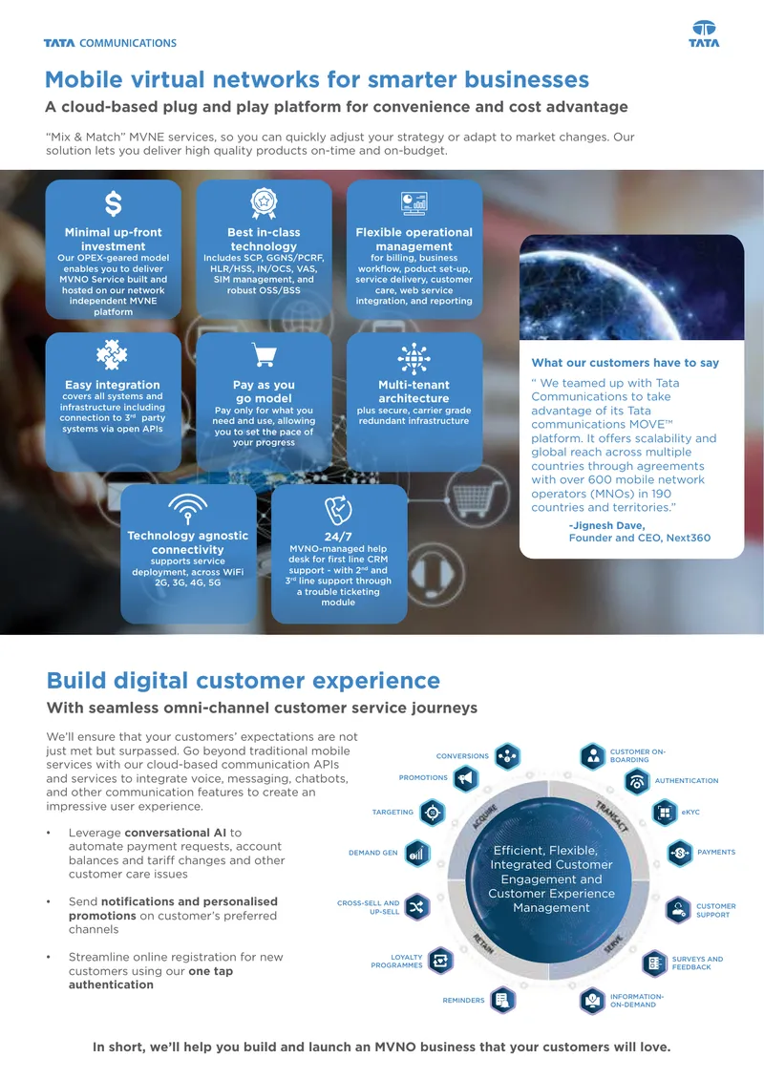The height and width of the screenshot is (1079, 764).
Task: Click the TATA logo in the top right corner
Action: pyautogui.click(x=704, y=33)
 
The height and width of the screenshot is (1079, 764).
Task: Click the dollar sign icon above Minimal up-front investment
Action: pyautogui.click(x=113, y=204)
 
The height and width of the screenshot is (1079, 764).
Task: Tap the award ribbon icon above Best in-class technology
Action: pyautogui.click(x=264, y=203)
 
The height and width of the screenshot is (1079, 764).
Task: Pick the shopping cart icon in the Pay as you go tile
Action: pyautogui.click(x=265, y=355)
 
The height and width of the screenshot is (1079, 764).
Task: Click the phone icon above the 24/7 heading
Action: pyautogui.click(x=338, y=510)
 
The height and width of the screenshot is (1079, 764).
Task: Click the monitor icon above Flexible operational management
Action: pyautogui.click(x=414, y=203)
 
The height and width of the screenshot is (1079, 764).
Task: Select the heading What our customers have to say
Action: pyautogui.click(x=625, y=363)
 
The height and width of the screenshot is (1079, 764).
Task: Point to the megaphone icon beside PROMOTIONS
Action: pyautogui.click(x=466, y=778)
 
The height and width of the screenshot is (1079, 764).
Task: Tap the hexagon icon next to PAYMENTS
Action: pyautogui.click(x=679, y=854)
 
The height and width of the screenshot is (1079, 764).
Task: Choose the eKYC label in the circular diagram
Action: pyautogui.click(x=690, y=813)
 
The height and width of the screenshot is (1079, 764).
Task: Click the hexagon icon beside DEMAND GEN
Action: pyautogui.click(x=417, y=854)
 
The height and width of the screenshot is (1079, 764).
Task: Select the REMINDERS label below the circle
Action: pyautogui.click(x=463, y=1001)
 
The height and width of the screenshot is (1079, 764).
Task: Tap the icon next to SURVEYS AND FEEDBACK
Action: pyautogui.click(x=654, y=963)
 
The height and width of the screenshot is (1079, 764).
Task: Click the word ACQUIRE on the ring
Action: pyautogui.click(x=484, y=816)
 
